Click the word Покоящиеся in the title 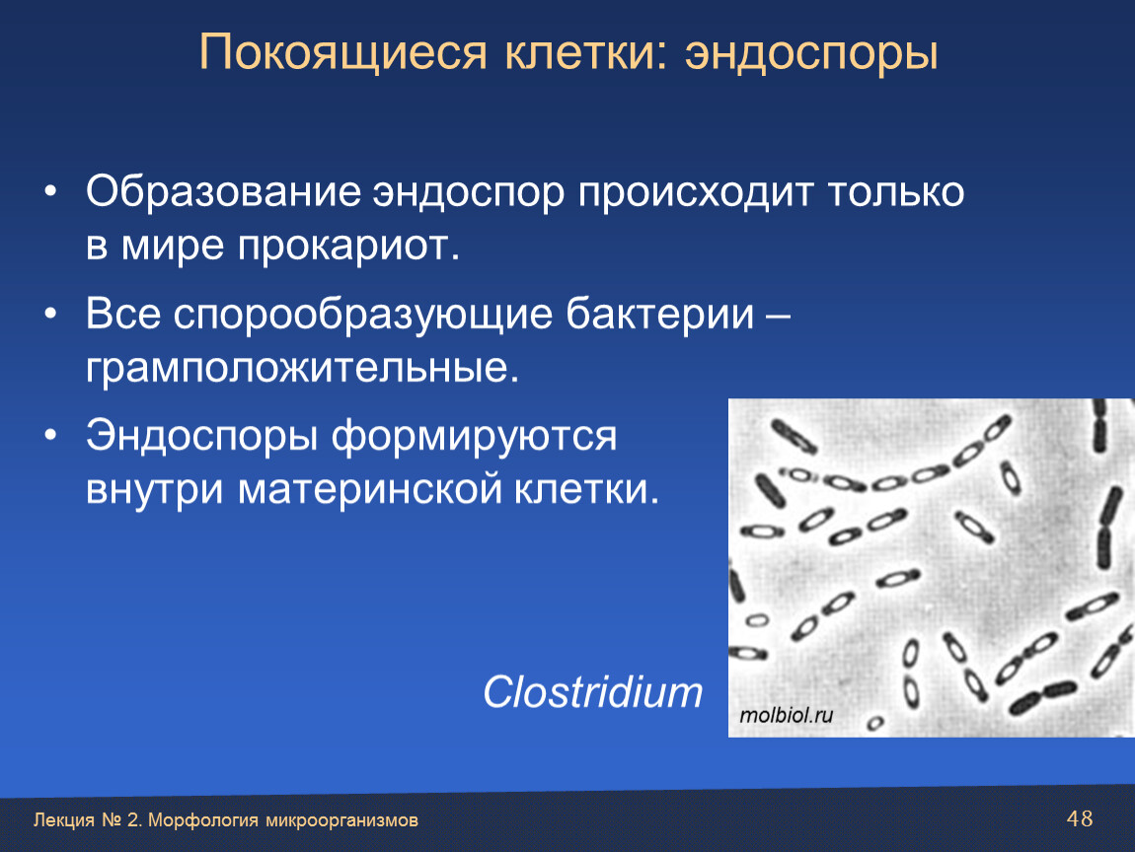click(x=343, y=53)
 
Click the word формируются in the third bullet click(x=474, y=437)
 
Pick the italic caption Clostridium click(x=593, y=692)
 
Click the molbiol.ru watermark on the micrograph click(x=786, y=715)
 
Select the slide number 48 click(x=1080, y=818)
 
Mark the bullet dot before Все click(x=50, y=314)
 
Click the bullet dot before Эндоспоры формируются click(x=50, y=436)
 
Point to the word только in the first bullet click(x=896, y=192)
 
